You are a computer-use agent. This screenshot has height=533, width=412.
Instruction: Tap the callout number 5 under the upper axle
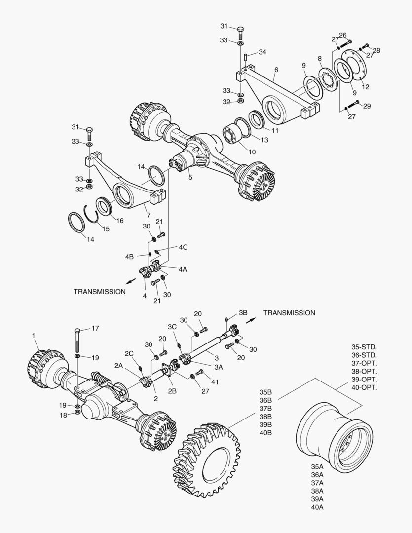pyautogui.click(x=190, y=177)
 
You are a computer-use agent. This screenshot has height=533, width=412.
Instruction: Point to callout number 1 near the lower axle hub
pyautogui.click(x=34, y=336)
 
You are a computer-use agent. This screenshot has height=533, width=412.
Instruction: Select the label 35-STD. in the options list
pyautogui.click(x=364, y=347)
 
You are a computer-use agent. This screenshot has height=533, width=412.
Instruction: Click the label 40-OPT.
pyautogui.click(x=364, y=387)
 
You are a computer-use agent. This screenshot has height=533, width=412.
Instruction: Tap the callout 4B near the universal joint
pyautogui.click(x=130, y=257)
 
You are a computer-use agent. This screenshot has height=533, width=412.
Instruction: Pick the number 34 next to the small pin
pyautogui.click(x=262, y=52)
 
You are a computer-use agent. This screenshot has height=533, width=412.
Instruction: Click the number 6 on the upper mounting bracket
pyautogui.click(x=276, y=70)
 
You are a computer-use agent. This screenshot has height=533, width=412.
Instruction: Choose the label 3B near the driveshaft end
pyautogui.click(x=243, y=312)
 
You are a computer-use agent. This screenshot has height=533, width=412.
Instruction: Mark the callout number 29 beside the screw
pyautogui.click(x=367, y=106)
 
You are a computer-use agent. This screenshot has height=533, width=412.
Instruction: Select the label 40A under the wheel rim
pyautogui.click(x=317, y=507)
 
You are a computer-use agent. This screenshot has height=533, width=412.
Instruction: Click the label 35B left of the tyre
pyautogui.click(x=266, y=392)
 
